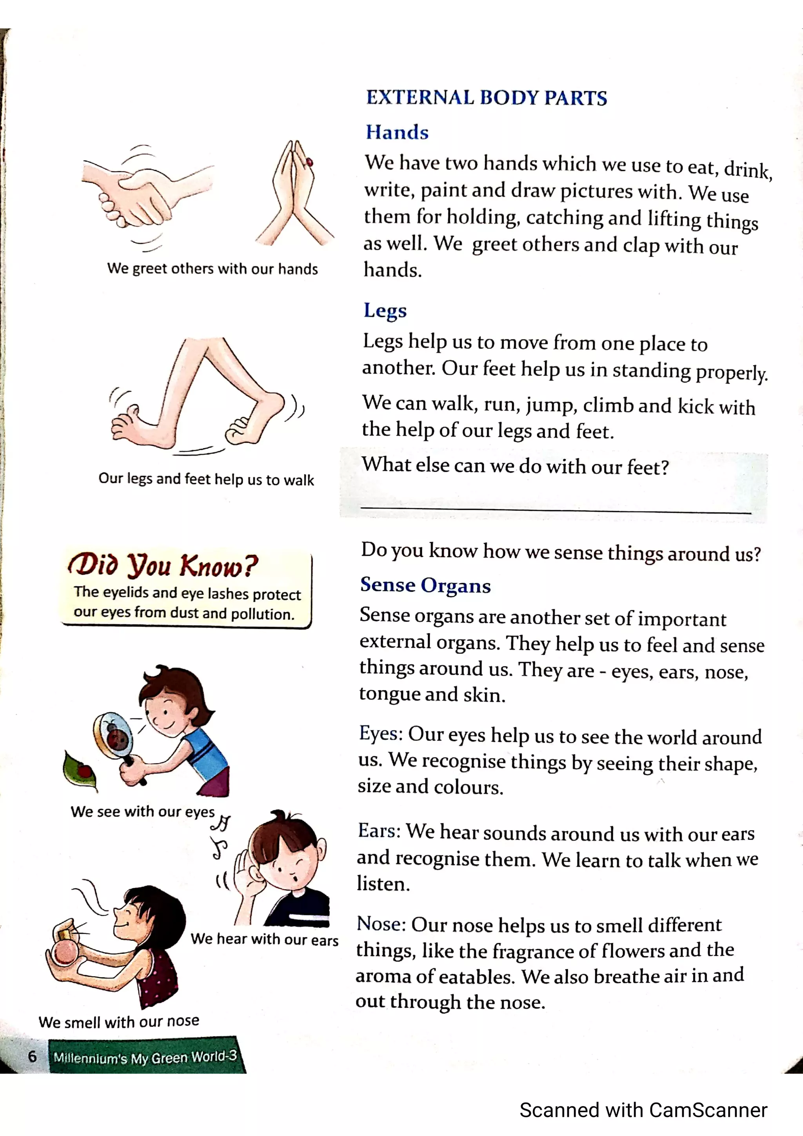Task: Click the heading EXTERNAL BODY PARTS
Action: pyautogui.click(x=486, y=98)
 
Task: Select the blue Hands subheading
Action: pyautogui.click(x=397, y=132)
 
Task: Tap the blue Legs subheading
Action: pyautogui.click(x=385, y=310)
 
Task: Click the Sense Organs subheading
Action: pyautogui.click(x=425, y=585)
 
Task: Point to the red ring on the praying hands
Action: pyautogui.click(x=310, y=162)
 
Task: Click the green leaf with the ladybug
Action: pyautogui.click(x=79, y=770)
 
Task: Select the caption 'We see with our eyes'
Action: pyautogui.click(x=142, y=812)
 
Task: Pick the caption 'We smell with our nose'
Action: pyautogui.click(x=119, y=1021)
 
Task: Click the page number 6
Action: pyautogui.click(x=32, y=1056)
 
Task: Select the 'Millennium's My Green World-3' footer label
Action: pyautogui.click(x=145, y=1057)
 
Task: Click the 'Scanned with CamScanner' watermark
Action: pyautogui.click(x=643, y=1110)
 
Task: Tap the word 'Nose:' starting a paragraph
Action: pyautogui.click(x=382, y=924)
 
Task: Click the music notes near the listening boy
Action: pyautogui.click(x=221, y=836)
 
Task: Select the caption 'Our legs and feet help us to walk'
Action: pyautogui.click(x=206, y=479)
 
